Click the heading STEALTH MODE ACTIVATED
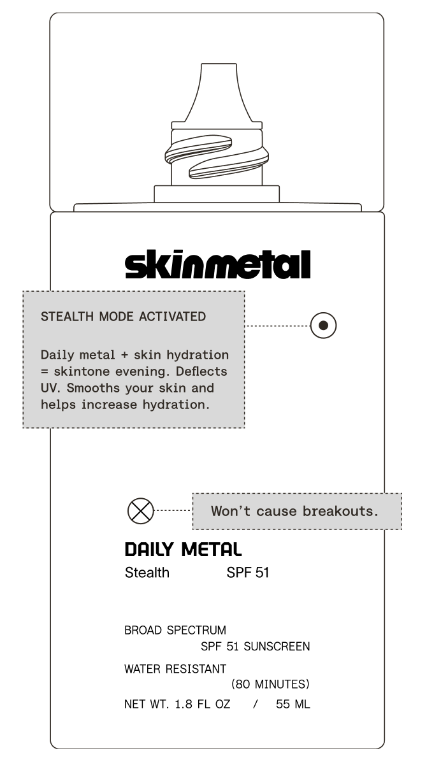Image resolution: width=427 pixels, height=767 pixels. (123, 317)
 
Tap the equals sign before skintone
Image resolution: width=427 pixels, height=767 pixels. (45, 372)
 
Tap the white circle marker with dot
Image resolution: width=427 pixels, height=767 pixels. (323, 326)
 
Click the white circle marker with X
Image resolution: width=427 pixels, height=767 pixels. (141, 511)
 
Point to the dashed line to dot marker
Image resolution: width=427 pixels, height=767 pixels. (277, 326)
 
